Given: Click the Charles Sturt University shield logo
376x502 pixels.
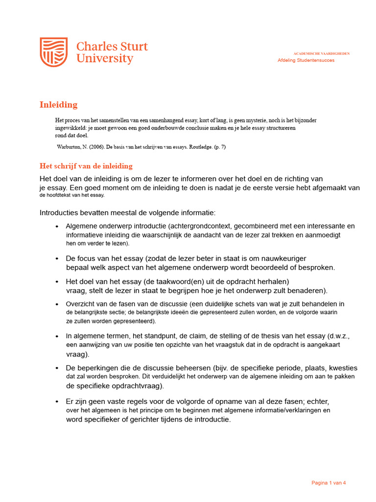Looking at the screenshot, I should point(54,52).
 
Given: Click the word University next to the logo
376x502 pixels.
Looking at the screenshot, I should point(104,59).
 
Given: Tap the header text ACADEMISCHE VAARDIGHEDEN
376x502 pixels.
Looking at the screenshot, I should point(321,53).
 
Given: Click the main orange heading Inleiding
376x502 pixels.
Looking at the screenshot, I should point(58,104).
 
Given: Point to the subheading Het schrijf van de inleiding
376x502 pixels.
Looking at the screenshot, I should point(86,166).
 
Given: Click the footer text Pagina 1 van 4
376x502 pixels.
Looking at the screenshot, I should point(329,483).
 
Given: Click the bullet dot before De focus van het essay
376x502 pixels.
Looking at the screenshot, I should point(57,258).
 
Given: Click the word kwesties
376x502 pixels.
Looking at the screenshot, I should point(343,368).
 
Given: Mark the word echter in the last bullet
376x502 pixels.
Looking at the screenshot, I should point(318,401).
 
